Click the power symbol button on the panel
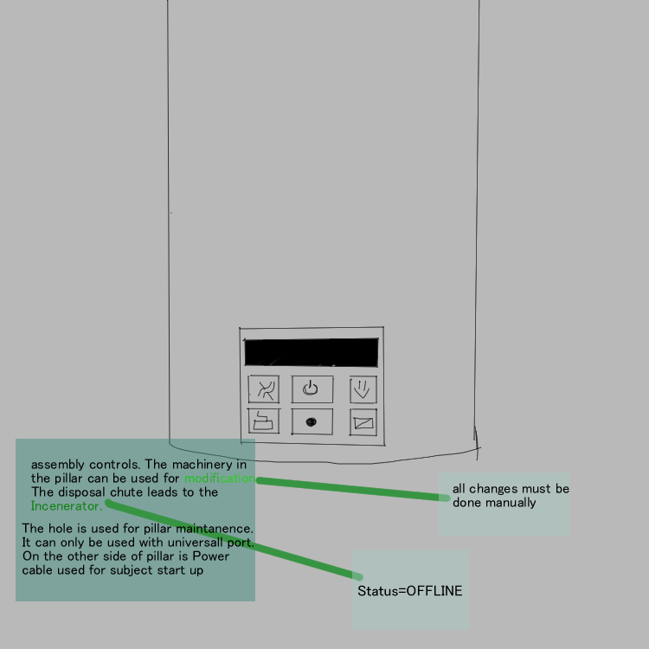click(x=312, y=389)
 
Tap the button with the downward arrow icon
click(x=363, y=389)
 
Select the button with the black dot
click(x=312, y=421)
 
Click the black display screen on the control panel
click(x=311, y=352)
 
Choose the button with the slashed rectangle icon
click(x=363, y=422)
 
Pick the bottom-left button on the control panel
click(x=264, y=421)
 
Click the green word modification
click(x=218, y=479)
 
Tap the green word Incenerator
click(x=66, y=506)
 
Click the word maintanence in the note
click(x=216, y=528)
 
